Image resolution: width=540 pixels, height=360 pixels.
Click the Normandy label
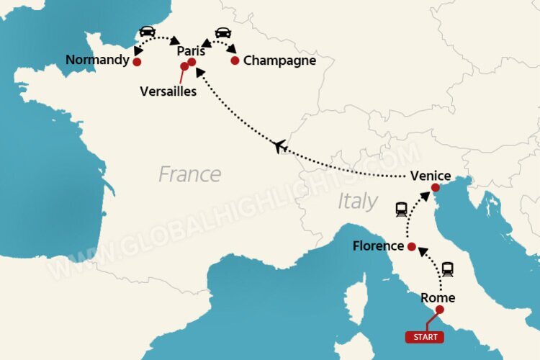coord(96,60)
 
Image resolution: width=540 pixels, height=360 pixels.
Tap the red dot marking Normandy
coord(137,62)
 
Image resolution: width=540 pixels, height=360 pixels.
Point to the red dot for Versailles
coord(184,66)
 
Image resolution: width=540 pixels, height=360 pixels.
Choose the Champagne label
coord(279,60)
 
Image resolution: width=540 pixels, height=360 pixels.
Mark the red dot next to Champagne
coord(235,60)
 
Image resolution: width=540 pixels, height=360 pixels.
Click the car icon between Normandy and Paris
coord(148,32)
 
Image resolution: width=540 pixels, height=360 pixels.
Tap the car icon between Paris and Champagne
coord(223,32)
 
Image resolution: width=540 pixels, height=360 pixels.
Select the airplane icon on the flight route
coord(281,147)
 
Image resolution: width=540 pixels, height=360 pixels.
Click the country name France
coord(189,174)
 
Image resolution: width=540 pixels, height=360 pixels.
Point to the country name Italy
coord(357,201)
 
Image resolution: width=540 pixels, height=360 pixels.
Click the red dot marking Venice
coord(435,188)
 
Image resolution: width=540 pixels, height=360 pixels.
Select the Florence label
coord(378,246)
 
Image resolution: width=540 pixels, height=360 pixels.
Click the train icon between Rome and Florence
coord(448,269)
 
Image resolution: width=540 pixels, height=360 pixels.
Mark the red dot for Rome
coord(439,310)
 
